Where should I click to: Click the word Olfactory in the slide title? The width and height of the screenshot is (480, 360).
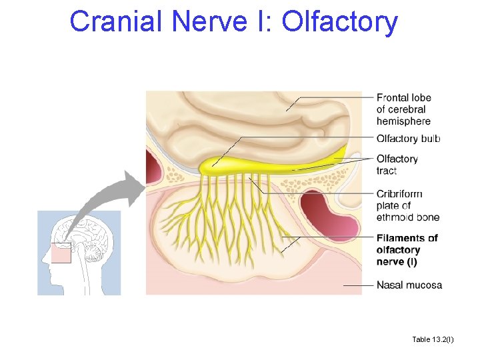pyautogui.click(x=340, y=21)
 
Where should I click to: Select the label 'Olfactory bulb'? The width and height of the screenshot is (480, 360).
pyautogui.click(x=408, y=139)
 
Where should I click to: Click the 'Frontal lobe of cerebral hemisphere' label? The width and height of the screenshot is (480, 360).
pyautogui.click(x=403, y=109)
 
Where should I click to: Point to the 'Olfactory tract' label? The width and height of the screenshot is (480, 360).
pyautogui.click(x=397, y=165)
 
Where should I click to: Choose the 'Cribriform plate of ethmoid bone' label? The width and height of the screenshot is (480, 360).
pyautogui.click(x=407, y=205)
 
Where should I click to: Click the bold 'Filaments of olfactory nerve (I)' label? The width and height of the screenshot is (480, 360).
pyautogui.click(x=407, y=250)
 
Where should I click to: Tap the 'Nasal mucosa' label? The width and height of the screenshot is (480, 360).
pyautogui.click(x=409, y=285)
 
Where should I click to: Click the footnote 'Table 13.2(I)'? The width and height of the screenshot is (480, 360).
pyautogui.click(x=433, y=340)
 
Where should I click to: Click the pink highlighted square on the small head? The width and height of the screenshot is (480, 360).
pyautogui.click(x=62, y=253)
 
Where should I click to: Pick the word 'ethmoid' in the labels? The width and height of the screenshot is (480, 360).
pyautogui.click(x=395, y=217)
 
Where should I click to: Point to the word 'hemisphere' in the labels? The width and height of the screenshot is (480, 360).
pyautogui.click(x=403, y=121)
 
